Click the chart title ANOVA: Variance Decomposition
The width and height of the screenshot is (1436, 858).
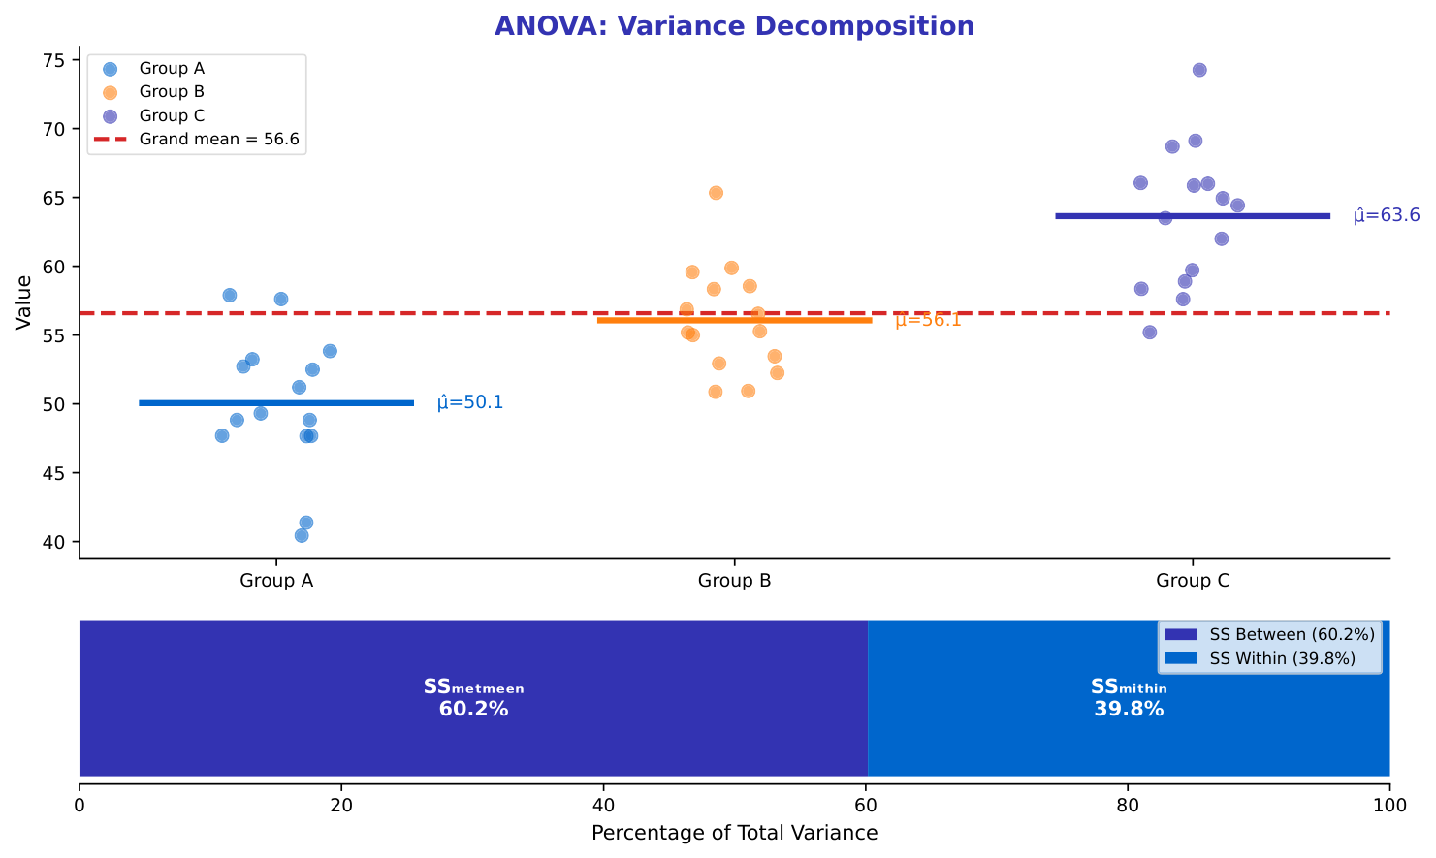pyautogui.click(x=734, y=26)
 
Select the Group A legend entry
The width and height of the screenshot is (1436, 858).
pyautogui.click(x=172, y=69)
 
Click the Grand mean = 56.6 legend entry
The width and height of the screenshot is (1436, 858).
pyautogui.click(x=219, y=140)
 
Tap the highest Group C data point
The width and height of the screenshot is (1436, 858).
pyautogui.click(x=1199, y=70)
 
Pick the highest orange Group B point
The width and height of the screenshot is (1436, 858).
pyautogui.click(x=716, y=193)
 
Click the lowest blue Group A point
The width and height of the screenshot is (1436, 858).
pyautogui.click(x=302, y=535)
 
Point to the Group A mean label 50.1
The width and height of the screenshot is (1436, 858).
pyautogui.click(x=470, y=402)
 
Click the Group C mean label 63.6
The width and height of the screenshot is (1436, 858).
pyautogui.click(x=1387, y=215)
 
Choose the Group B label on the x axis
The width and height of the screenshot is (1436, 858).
pyautogui.click(x=734, y=582)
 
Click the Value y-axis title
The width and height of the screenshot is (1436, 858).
pyautogui.click(x=24, y=302)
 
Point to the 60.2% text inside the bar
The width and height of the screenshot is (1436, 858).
pyautogui.click(x=473, y=709)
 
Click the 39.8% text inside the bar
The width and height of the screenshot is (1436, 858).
pyautogui.click(x=1129, y=709)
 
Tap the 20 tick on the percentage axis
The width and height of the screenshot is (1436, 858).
pyautogui.click(x=341, y=806)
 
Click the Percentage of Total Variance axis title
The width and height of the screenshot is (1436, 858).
pyautogui.click(x=734, y=833)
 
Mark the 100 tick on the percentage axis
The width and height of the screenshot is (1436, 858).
pyautogui.click(x=1389, y=806)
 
